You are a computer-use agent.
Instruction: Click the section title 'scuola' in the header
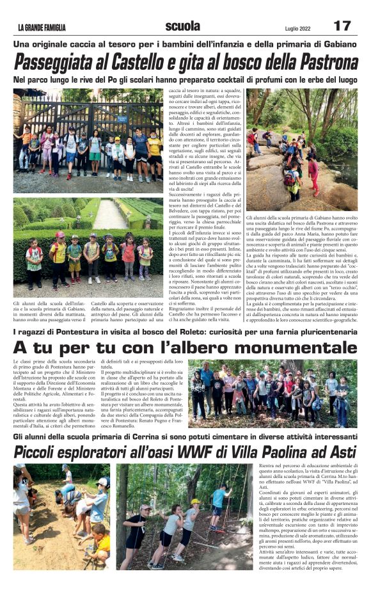pos(182,26)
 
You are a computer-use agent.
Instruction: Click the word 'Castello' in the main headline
pos(155,63)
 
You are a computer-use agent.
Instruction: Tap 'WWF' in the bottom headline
pos(201,451)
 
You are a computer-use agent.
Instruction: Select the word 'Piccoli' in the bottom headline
pos(42,451)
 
